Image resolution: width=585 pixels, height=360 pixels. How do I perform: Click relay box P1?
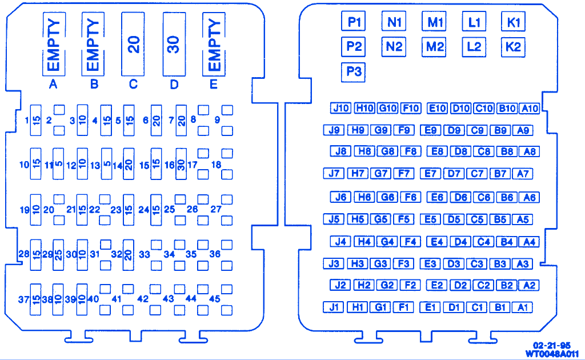(x=354, y=22)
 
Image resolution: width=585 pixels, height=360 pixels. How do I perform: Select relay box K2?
(x=513, y=47)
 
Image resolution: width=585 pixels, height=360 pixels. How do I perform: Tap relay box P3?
(x=354, y=72)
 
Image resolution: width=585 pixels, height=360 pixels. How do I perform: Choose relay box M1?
(x=435, y=22)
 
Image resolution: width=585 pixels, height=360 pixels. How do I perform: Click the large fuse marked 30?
(x=174, y=45)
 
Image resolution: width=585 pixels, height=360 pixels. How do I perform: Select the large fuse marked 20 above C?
(x=134, y=45)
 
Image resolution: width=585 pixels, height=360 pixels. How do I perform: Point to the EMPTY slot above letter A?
(x=53, y=45)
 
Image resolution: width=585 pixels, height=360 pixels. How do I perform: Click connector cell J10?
(x=341, y=108)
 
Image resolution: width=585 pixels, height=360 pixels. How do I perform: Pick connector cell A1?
(x=522, y=307)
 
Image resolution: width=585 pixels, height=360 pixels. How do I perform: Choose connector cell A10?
(x=530, y=108)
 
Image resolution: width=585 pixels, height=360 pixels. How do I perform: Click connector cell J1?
(x=334, y=307)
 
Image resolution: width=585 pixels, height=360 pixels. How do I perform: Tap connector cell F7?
(x=404, y=173)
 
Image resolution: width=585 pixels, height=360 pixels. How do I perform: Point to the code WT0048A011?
(x=552, y=353)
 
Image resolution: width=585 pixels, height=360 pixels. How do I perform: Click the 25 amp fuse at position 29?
(x=58, y=254)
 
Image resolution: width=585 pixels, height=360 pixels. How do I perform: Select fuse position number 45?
(x=214, y=299)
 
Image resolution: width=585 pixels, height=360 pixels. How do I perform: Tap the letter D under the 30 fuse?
(x=174, y=85)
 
